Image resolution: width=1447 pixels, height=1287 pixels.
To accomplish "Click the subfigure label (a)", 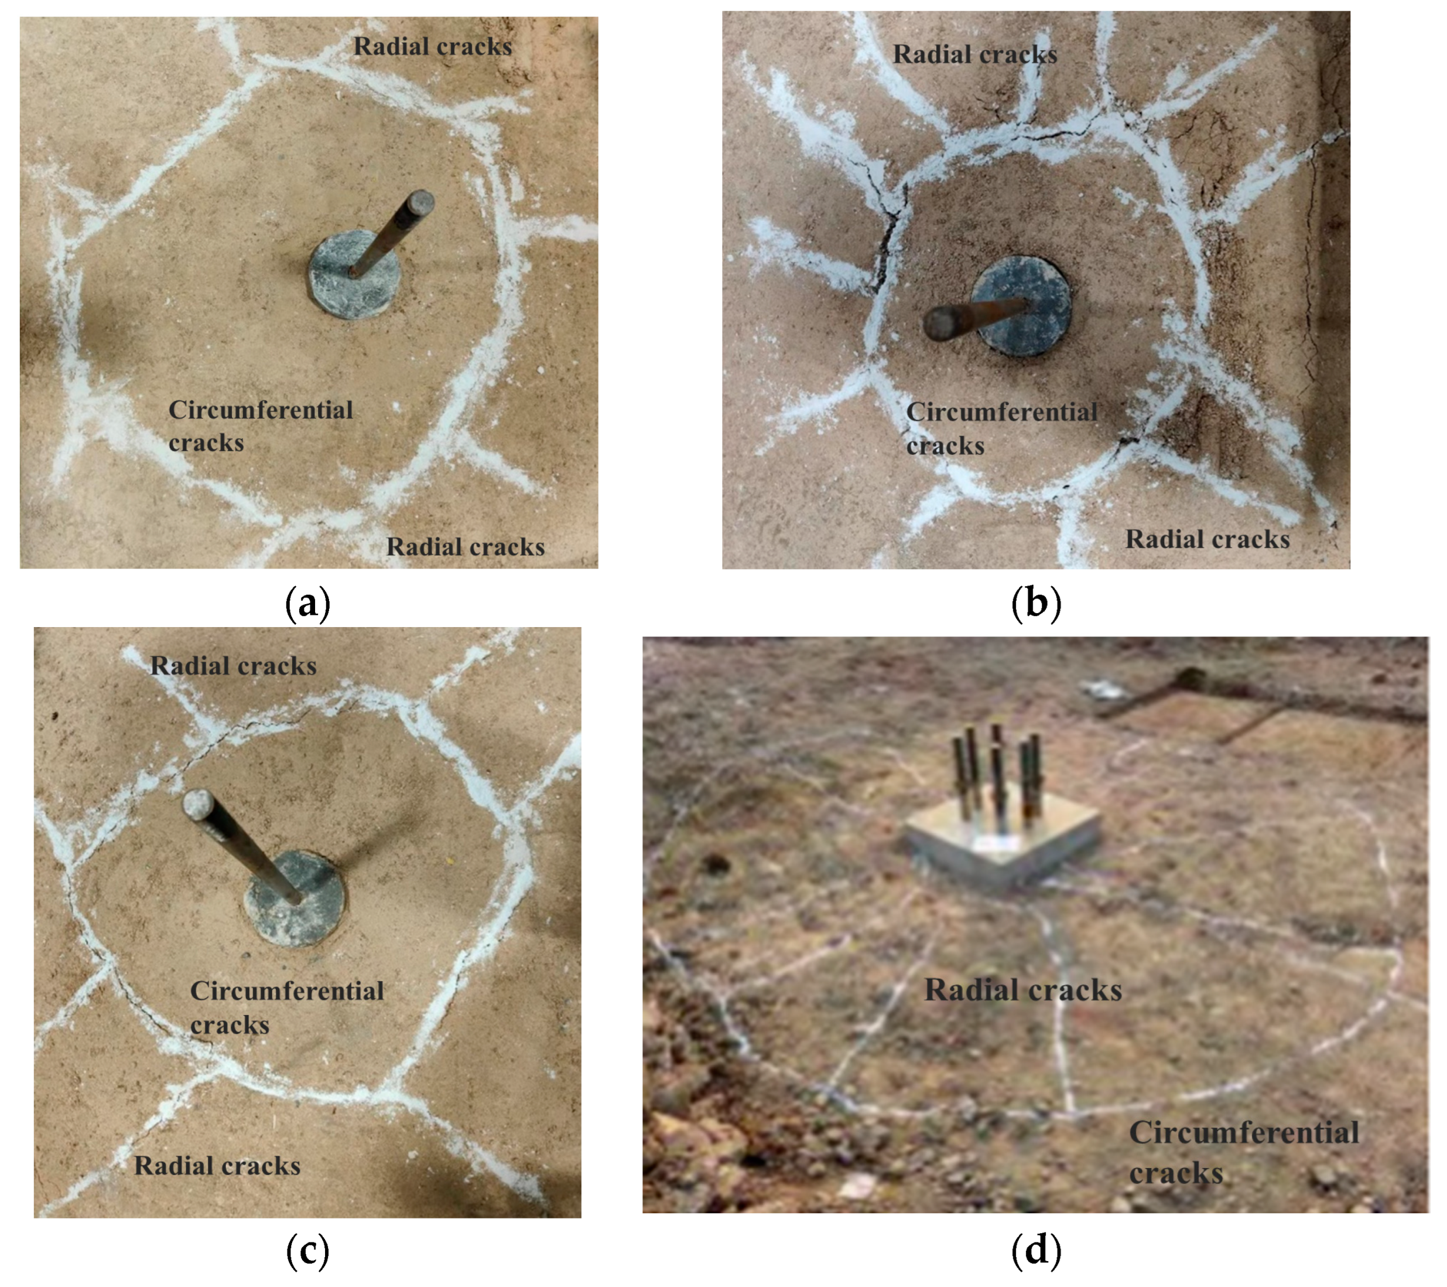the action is pos(307,604).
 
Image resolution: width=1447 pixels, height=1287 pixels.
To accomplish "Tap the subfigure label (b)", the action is pos(1036,604).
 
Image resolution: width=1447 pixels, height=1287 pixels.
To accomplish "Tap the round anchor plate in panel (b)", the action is pos(1021,306).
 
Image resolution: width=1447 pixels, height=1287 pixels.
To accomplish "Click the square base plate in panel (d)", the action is pos(1002,843).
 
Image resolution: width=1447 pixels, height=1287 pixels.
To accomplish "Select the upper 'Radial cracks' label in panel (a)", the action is pos(433,47).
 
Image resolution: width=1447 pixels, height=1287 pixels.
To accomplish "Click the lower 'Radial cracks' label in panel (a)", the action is pos(465,547).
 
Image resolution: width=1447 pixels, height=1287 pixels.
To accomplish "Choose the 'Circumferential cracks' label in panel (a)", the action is pos(260,425).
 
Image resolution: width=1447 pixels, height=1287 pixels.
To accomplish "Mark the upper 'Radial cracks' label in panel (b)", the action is pos(975,55).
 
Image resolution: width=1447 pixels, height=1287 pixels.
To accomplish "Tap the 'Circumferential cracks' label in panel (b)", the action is pos(1001,428).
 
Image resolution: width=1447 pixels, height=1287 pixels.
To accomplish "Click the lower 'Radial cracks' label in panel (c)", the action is pos(217,1166).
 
